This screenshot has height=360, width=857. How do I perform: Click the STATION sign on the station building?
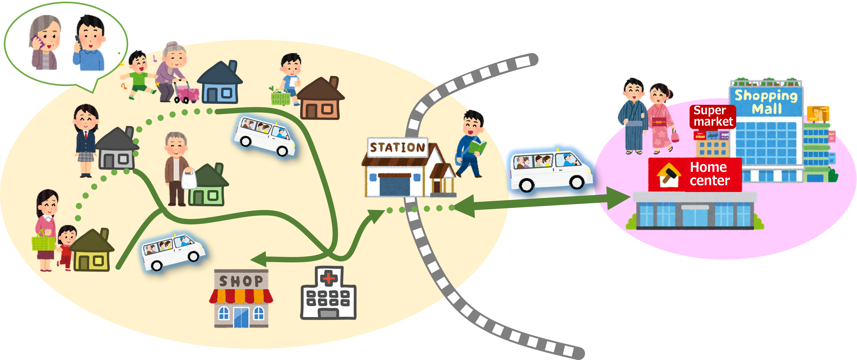point(398,147)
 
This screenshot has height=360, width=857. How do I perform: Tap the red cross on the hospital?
point(329,277)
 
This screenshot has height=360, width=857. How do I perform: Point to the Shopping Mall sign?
point(766,102)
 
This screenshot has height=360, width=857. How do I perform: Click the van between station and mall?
point(551,170)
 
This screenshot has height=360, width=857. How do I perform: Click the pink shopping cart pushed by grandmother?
point(186,91)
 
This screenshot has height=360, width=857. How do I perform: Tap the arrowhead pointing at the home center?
point(619,198)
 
